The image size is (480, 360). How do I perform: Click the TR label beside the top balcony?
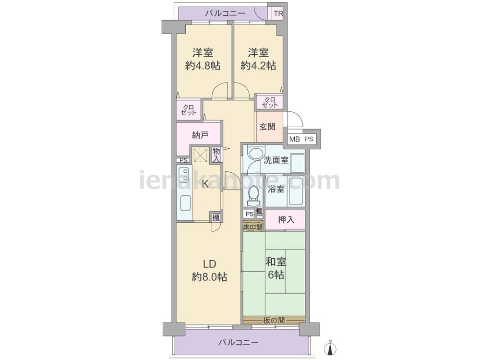pyautogui.click(x=278, y=14)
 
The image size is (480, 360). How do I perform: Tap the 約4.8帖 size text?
pyautogui.click(x=203, y=65)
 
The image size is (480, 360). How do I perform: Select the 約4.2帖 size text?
pyautogui.click(x=258, y=65)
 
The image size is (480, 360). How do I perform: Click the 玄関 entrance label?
pyautogui.click(x=267, y=126)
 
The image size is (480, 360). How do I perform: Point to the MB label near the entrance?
pyautogui.click(x=295, y=139)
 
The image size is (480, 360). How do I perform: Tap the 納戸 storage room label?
pyautogui.click(x=200, y=135)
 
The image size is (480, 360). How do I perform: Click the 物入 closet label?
pyautogui.click(x=216, y=155)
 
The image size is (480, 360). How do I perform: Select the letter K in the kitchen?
pyautogui.click(x=206, y=184)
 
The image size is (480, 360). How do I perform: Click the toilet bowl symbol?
pyautogui.click(x=253, y=196)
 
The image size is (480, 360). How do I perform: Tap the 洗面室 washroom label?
pyautogui.click(x=276, y=160)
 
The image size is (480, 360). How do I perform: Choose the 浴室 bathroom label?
pyautogui.click(x=276, y=189)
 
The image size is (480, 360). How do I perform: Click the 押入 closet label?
pyautogui.click(x=286, y=219)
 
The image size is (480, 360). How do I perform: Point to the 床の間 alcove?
pyautogui.click(x=253, y=227)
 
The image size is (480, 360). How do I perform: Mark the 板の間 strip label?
pyautogui.click(x=274, y=321)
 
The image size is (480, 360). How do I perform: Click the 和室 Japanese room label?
pyautogui.click(x=276, y=262)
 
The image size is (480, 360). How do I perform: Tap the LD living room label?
pyautogui.click(x=210, y=264)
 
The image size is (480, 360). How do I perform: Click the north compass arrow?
pyautogui.click(x=330, y=348)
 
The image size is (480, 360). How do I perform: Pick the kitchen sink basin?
pyautogui.click(x=185, y=203)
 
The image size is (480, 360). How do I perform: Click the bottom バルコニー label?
pyautogui.click(x=239, y=342)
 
